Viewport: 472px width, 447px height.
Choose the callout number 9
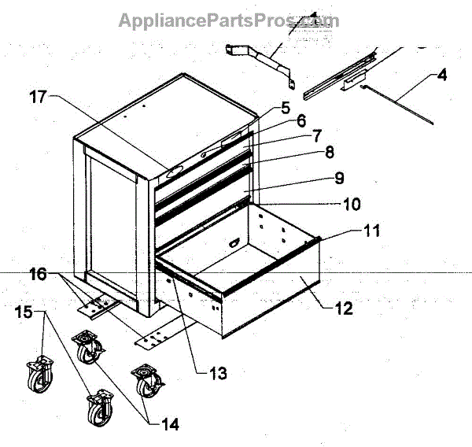click(x=338, y=179)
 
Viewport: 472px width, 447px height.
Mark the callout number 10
click(x=351, y=205)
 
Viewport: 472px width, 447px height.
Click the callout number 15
click(x=24, y=312)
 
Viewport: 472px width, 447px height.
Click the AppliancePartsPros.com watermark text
click(x=228, y=19)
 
